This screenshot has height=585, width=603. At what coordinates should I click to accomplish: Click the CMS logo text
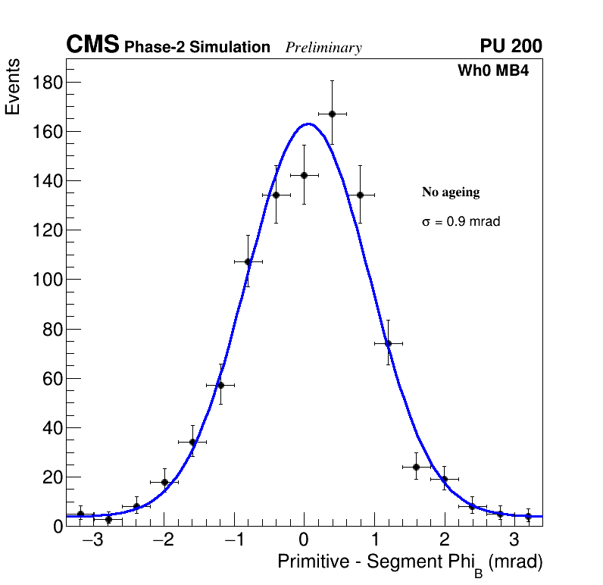(92, 45)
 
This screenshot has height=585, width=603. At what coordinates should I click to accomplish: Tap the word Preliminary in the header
(323, 48)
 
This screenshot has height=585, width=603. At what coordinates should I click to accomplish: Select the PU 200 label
(511, 46)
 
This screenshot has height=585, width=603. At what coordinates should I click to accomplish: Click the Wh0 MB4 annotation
(492, 71)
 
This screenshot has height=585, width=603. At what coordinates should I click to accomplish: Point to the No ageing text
(451, 192)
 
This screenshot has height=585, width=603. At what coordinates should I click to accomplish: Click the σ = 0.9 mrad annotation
(461, 222)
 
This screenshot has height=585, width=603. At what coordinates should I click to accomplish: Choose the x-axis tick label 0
(304, 541)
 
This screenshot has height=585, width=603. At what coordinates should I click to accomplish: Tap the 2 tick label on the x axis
(444, 541)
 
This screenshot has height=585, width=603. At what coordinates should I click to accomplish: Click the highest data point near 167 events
(332, 114)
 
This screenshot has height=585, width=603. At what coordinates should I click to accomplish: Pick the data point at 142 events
(304, 175)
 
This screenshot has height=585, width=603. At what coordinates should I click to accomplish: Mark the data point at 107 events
(248, 261)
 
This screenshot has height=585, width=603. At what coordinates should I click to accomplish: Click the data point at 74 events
(388, 343)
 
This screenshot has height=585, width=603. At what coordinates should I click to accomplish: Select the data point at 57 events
(220, 385)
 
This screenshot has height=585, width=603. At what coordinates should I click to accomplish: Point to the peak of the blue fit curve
(308, 124)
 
